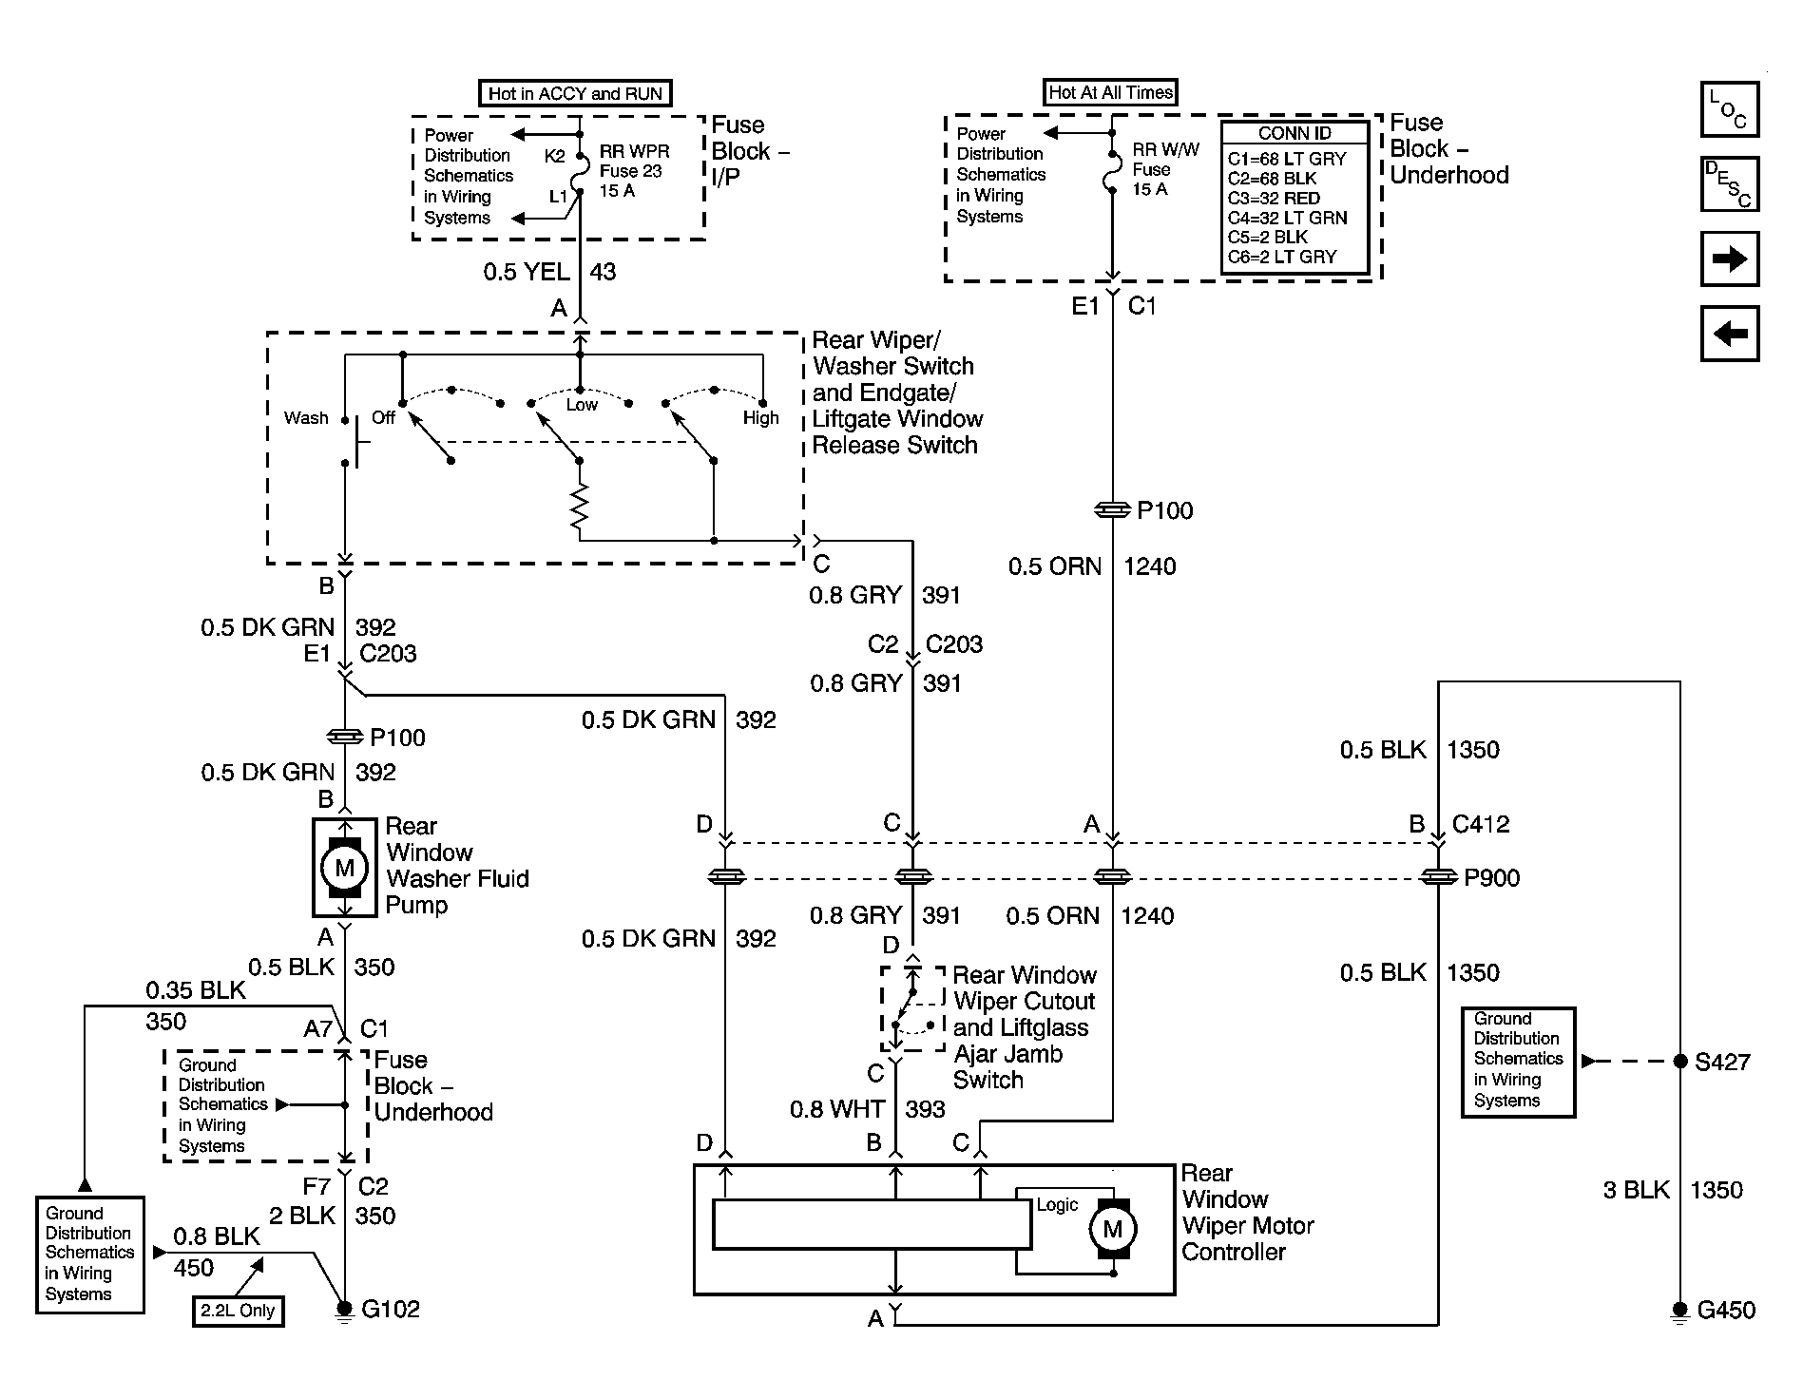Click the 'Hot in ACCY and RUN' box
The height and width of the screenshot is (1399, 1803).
coord(574,93)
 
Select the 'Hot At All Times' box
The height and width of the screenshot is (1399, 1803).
coord(1110,92)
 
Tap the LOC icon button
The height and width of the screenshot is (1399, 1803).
coord(1729,109)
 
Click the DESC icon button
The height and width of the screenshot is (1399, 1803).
coord(1729,183)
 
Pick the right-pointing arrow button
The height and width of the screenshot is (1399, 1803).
coord(1729,259)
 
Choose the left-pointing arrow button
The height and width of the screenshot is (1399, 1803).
coord(1729,334)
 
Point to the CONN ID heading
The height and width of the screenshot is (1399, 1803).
coord(1295,134)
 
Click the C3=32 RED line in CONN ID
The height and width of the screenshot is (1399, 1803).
coord(1274,199)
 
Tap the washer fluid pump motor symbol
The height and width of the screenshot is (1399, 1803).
coord(344,868)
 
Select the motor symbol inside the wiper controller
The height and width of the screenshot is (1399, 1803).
coord(1111,1229)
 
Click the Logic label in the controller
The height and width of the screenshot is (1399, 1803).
coord(1057,1205)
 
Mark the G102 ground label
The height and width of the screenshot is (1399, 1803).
coord(391,1310)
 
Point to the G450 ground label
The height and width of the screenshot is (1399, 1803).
coord(1726,1311)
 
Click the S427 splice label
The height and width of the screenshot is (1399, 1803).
coord(1722,1063)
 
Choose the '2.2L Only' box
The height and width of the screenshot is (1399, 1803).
coord(238,1311)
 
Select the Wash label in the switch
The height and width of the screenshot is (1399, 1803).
coord(306,418)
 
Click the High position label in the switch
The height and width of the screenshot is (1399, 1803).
coord(760,418)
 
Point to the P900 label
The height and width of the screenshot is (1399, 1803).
coord(1491,878)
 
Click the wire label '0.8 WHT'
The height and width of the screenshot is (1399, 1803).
coord(836,1109)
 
